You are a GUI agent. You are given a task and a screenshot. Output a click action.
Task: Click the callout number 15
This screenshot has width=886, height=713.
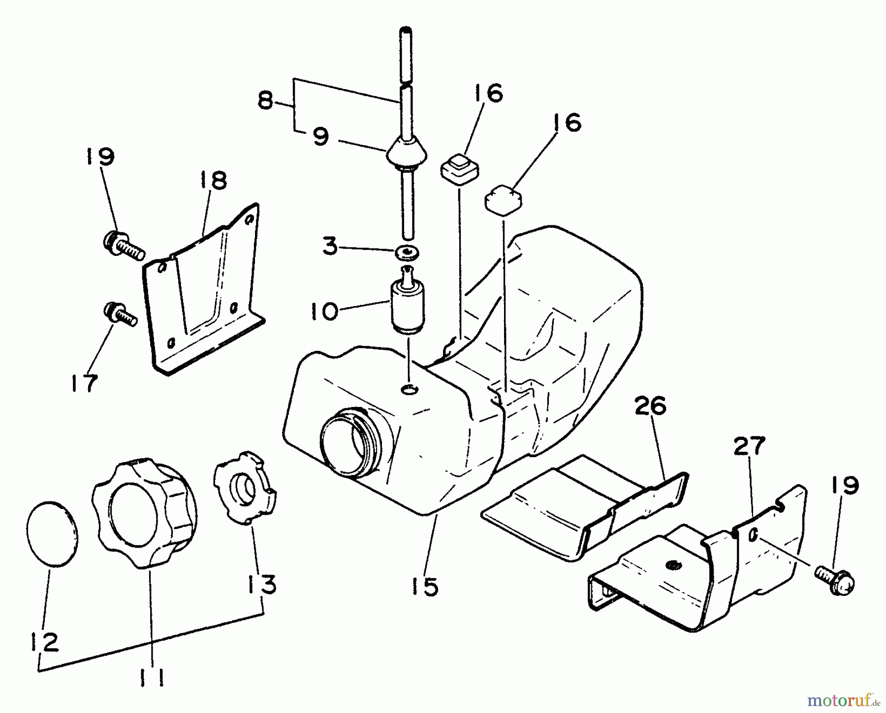coord(424,586)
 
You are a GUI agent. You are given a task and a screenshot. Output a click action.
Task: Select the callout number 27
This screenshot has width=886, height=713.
coord(749,446)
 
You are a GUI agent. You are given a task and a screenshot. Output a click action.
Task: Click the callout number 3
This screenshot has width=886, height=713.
coord(330,247)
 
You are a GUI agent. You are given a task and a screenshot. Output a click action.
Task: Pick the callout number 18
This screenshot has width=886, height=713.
coord(213,181)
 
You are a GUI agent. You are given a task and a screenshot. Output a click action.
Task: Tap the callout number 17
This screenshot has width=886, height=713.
coord(84,383)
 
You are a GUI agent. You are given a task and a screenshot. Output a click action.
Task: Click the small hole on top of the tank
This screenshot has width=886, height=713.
coord(409,390)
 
